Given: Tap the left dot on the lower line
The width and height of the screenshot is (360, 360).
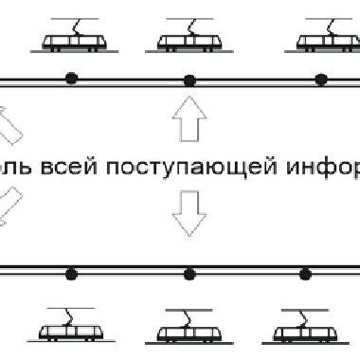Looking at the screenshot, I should click(70, 274).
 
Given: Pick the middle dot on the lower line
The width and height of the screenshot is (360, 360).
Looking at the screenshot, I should click(189, 274).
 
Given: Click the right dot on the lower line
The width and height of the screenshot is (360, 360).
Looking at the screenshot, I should click(305, 274).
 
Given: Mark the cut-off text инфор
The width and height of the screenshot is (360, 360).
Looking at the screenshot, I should click(329, 170).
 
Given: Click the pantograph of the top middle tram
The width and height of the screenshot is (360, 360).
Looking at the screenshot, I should click(184, 23).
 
